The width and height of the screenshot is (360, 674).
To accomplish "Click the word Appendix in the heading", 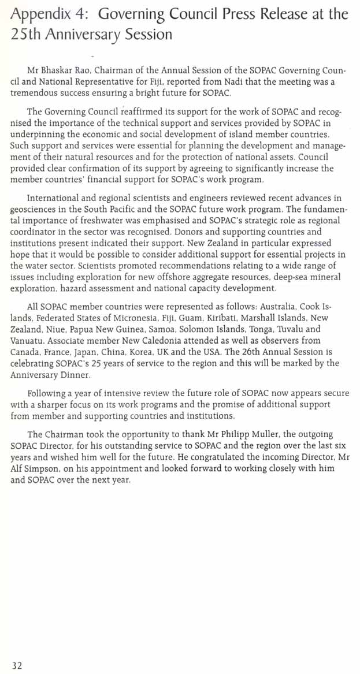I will pos(35,14).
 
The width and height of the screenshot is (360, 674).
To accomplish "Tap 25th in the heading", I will pos(25,34).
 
